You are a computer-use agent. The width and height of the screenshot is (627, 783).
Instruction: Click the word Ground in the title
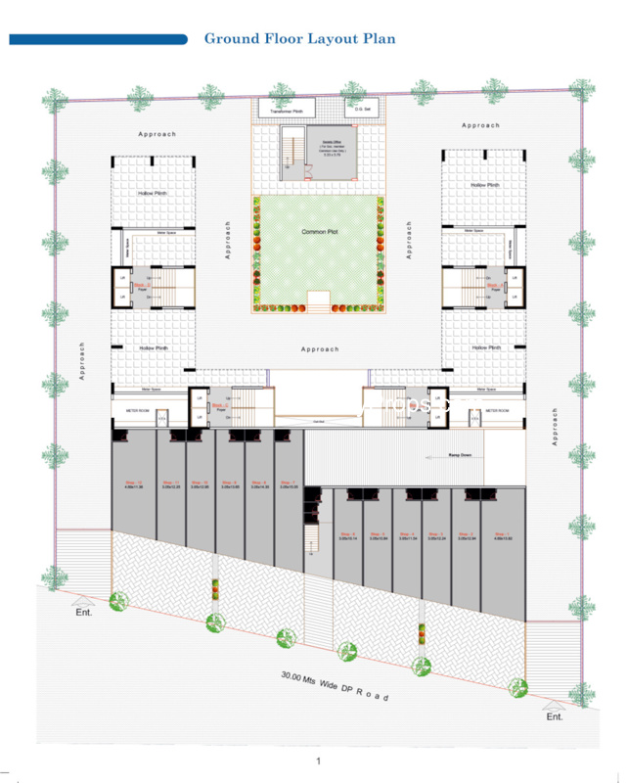(231, 39)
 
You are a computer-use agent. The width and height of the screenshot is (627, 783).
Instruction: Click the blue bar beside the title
(98, 39)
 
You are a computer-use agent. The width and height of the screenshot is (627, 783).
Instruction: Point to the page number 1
(318, 761)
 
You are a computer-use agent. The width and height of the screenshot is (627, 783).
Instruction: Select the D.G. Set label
(360, 109)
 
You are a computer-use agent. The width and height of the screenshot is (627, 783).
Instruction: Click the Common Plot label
(319, 232)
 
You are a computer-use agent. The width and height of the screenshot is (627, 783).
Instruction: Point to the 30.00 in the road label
(292, 676)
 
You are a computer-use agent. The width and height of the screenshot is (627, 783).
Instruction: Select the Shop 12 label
(133, 483)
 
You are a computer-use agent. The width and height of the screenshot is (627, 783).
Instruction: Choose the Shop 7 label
(288, 483)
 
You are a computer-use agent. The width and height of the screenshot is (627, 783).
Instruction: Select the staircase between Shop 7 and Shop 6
(313, 539)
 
